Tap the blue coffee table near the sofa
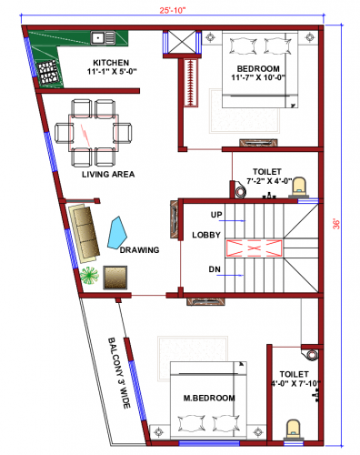119,231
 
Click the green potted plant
88,274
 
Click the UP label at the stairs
215,215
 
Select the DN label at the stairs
215,269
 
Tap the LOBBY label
205,235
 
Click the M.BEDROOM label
208,399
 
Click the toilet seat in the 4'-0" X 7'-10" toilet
294,428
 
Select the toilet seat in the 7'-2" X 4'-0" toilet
303,187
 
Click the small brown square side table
115,277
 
